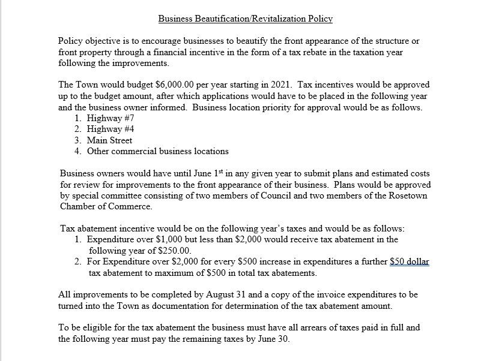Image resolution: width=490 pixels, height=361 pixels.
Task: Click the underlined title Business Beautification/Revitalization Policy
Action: pos(245,19)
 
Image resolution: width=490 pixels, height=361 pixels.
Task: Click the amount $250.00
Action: pos(174,250)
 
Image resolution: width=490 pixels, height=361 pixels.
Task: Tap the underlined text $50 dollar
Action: pos(410,262)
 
